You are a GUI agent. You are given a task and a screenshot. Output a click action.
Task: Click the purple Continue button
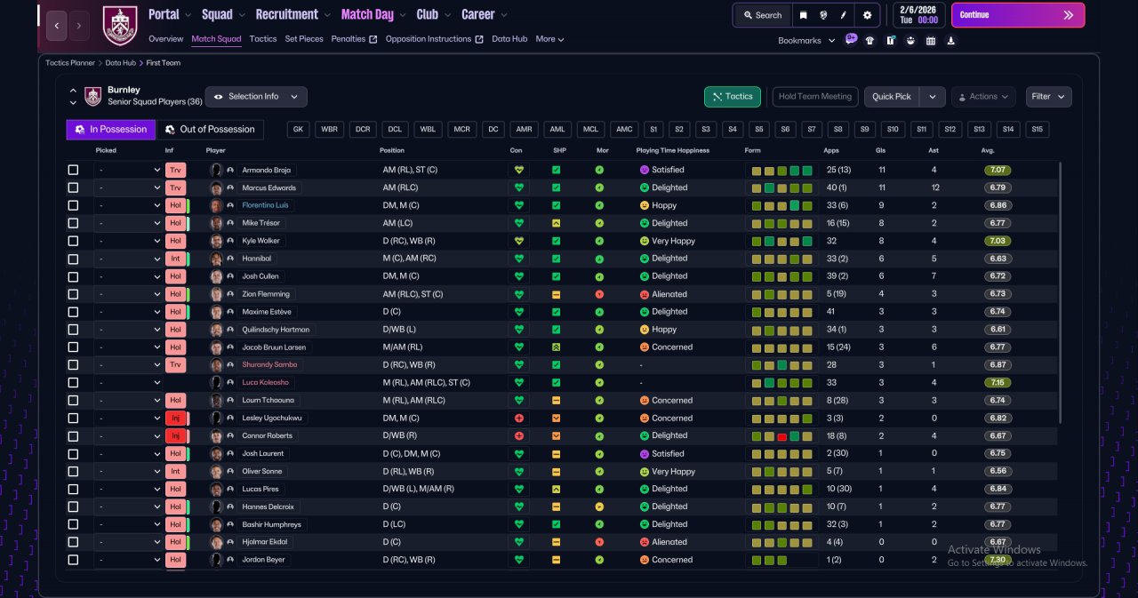tap(1018, 15)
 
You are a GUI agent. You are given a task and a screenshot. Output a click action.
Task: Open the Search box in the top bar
tap(763, 15)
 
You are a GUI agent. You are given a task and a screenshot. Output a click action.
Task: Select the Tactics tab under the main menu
tap(262, 39)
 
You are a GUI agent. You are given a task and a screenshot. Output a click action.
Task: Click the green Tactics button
tap(732, 97)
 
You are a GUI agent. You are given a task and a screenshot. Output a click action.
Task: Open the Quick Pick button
tap(891, 97)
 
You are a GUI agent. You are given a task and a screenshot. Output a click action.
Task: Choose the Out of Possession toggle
tap(211, 130)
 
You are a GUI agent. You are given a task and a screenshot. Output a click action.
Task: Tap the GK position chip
tap(298, 130)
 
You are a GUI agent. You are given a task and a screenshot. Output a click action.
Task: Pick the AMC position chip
tap(624, 130)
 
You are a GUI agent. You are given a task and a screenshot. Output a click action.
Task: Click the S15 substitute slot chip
tap(1037, 130)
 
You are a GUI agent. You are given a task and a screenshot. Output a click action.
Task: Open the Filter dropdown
tap(1048, 97)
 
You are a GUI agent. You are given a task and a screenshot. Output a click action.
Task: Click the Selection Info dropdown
tap(256, 97)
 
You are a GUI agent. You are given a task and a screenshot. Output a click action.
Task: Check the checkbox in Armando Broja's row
tap(73, 170)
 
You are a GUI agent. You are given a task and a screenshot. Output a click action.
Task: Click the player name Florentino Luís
tap(265, 205)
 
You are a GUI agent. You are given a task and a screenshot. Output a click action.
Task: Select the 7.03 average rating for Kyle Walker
tap(998, 241)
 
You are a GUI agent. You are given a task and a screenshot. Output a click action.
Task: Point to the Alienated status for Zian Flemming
tap(669, 294)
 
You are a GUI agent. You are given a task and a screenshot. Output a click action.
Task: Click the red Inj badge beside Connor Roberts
tap(175, 435)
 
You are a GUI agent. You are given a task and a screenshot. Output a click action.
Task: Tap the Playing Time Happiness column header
tap(673, 150)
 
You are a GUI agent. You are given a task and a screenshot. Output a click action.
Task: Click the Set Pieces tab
tap(304, 39)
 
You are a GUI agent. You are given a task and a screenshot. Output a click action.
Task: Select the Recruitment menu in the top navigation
tap(286, 15)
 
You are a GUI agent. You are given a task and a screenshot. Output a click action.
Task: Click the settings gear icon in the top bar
tap(867, 15)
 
